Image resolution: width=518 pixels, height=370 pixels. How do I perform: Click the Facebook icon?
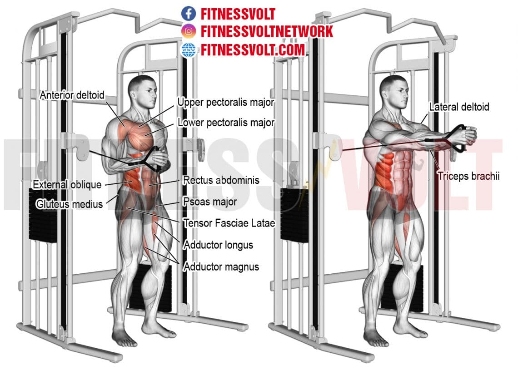tap(188, 14)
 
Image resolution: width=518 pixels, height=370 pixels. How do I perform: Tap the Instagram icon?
tap(188, 31)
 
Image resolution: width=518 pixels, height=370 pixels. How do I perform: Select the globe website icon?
tap(188, 49)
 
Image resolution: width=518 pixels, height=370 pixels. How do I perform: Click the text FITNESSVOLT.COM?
tap(253, 49)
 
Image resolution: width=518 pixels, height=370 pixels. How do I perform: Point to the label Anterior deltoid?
tap(72, 95)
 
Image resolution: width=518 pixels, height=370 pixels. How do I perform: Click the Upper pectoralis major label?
tap(225, 103)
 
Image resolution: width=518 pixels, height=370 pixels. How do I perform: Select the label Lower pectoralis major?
tap(226, 122)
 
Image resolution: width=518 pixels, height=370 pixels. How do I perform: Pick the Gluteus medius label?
tap(70, 204)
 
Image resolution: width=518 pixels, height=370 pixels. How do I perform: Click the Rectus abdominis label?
tap(221, 180)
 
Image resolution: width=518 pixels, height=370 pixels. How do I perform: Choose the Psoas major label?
tap(209, 202)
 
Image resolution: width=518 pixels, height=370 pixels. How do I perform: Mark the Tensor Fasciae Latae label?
tap(229, 223)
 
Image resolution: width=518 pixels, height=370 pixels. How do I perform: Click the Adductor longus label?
tap(218, 245)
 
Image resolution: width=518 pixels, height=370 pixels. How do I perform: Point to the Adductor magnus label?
tap(221, 266)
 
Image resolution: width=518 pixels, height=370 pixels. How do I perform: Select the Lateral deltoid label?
tap(459, 107)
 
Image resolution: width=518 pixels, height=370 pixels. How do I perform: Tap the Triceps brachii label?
tap(468, 176)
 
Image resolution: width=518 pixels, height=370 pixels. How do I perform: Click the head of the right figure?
tap(391, 91)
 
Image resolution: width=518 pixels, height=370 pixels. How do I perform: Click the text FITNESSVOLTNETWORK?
tap(267, 31)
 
